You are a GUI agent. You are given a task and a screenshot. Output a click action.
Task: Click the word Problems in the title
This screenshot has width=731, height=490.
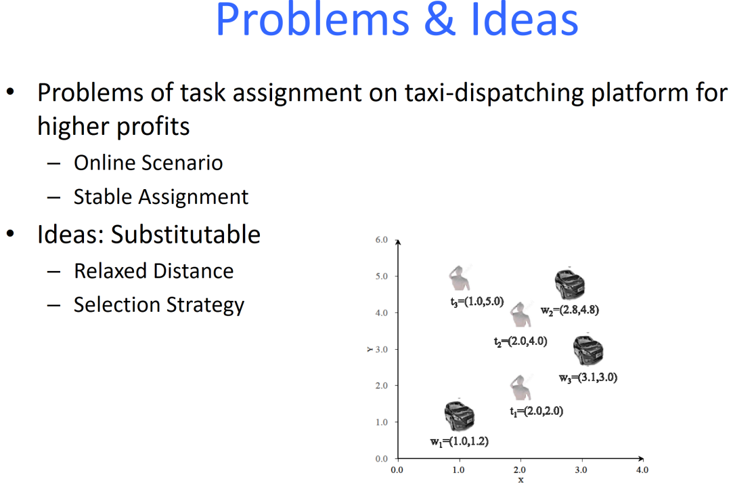point(312,20)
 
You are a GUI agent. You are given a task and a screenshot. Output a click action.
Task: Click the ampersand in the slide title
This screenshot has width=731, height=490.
point(440,20)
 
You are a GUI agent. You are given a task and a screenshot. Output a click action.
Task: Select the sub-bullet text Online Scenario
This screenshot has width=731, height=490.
point(148,163)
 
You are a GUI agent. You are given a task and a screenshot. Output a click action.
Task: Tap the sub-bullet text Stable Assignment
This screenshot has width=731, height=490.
point(161,197)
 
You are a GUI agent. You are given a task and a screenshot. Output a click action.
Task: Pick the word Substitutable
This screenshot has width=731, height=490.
point(185,234)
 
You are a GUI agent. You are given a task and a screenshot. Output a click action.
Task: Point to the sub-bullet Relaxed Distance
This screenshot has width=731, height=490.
point(154,271)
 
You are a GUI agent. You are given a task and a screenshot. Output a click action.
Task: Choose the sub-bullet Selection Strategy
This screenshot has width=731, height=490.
point(159,305)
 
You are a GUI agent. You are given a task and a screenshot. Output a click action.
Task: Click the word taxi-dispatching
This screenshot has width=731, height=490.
point(493,93)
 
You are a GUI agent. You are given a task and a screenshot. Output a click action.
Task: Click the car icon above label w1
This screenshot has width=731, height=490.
point(459,415)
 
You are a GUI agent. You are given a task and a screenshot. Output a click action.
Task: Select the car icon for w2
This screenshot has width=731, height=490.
point(569,284)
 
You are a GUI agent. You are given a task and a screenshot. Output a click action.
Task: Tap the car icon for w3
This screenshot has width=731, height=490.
point(588,350)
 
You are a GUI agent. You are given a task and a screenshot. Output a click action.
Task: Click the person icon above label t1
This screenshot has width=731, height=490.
point(520,388)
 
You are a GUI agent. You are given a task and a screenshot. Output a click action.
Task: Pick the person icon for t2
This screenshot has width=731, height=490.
point(520,315)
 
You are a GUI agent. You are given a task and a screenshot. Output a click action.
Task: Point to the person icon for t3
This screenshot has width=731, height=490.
point(460,278)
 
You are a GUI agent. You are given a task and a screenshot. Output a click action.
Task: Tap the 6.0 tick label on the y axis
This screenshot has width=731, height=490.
point(381,240)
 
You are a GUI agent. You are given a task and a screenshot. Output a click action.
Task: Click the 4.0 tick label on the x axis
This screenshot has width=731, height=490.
point(642,470)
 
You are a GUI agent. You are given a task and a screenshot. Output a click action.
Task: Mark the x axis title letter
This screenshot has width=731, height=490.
point(520,480)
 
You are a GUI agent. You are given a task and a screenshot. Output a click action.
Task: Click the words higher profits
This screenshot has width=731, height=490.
point(113,127)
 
